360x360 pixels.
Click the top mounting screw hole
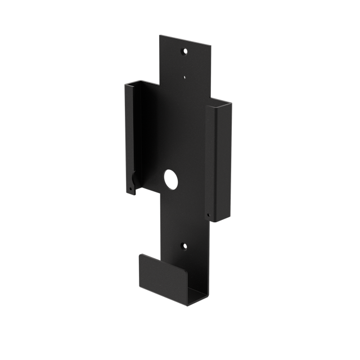(x=183, y=51)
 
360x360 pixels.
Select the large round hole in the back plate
(x=170, y=179)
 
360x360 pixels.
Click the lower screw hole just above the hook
(x=183, y=246)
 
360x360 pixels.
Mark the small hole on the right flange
(x=208, y=214)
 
